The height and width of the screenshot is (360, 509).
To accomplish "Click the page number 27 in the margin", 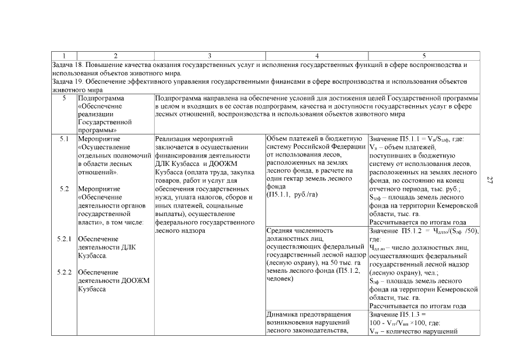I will (x=490, y=179).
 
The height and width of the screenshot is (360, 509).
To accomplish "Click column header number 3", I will (x=209, y=56).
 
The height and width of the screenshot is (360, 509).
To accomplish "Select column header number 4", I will (x=317, y=56).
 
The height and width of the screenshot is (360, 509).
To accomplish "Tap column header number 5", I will (x=424, y=56).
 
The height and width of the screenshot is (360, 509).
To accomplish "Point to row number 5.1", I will (x=64, y=138).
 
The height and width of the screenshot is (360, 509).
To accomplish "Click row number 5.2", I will (x=64, y=188).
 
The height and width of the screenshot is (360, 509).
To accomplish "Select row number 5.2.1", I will (x=64, y=238).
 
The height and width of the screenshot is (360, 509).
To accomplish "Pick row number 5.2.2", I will (x=64, y=272).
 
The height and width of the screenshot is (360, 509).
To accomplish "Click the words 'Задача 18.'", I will (x=65, y=65).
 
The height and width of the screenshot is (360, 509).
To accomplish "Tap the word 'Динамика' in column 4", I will (x=282, y=314).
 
